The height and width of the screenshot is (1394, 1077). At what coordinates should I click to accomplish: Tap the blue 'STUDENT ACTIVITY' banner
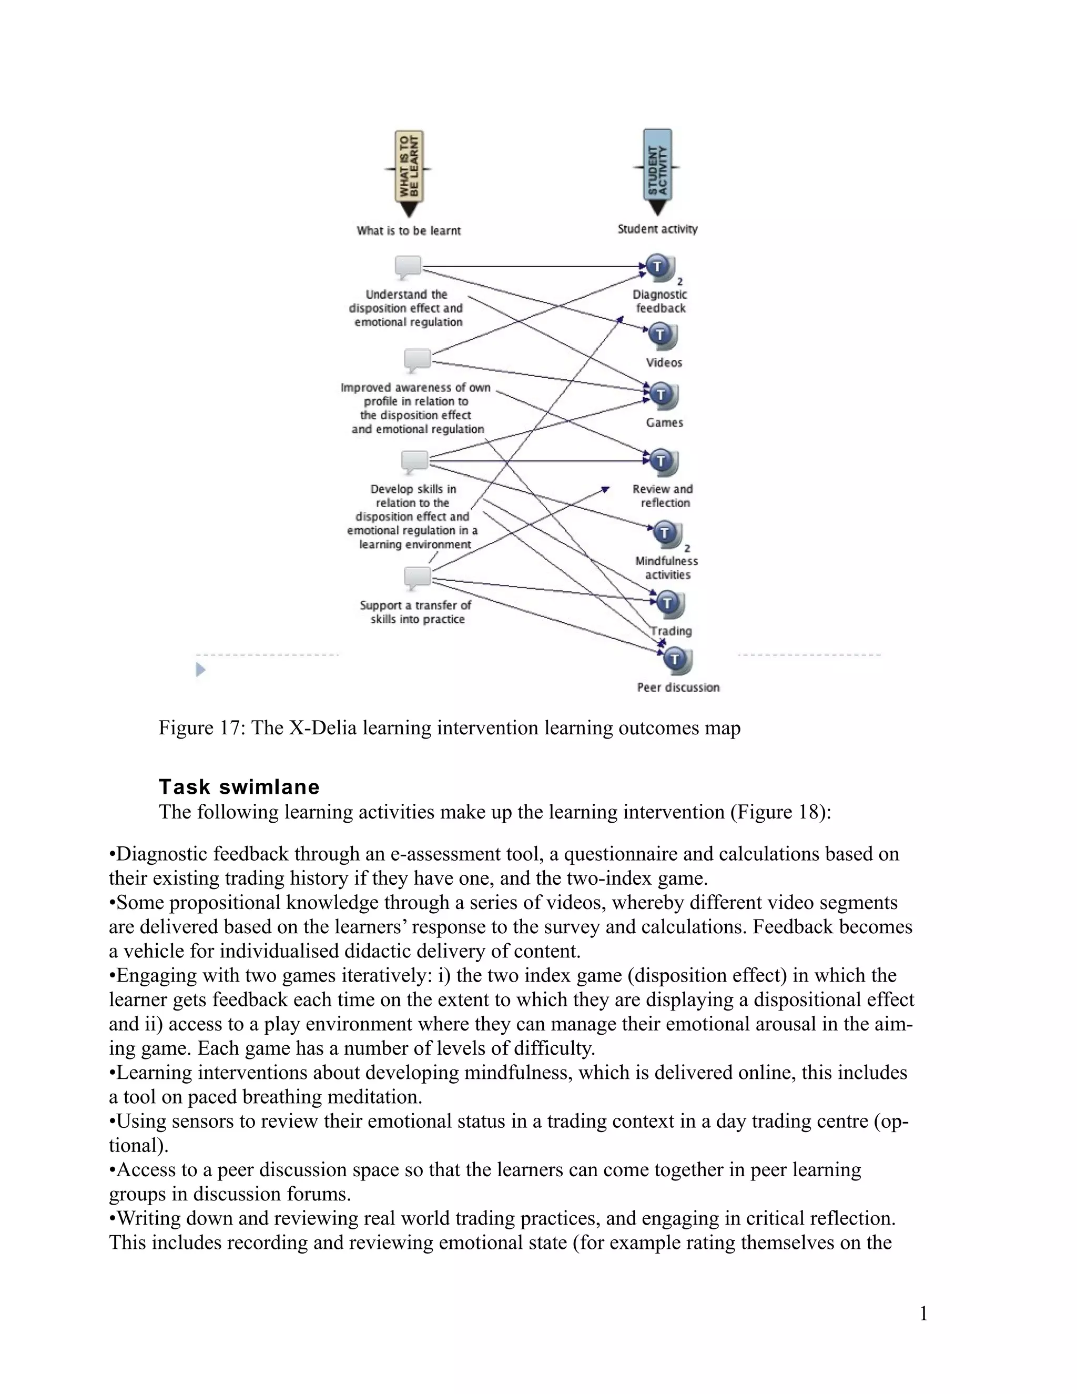click(657, 166)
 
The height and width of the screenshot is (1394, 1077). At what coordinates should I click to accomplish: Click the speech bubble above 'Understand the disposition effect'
click(408, 266)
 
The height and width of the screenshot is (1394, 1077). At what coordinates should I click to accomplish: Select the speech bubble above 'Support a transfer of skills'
click(418, 578)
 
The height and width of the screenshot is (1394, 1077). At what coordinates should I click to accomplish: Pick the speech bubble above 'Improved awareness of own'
click(418, 360)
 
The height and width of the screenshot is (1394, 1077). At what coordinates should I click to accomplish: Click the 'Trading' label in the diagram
click(671, 631)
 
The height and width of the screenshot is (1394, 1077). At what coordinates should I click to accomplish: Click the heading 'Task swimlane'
click(239, 786)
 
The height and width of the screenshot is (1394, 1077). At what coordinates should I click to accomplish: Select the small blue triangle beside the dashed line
click(200, 670)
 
